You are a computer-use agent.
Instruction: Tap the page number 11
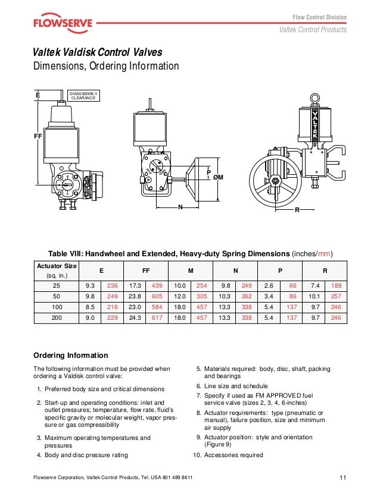[x=343, y=478]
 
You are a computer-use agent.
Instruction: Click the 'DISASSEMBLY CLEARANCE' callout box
[x=83, y=96]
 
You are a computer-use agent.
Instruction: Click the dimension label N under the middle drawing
[x=179, y=208]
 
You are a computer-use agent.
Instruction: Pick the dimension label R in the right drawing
[x=297, y=210]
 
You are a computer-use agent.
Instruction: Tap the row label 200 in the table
[x=57, y=318]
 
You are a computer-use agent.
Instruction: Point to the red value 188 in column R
[x=337, y=285]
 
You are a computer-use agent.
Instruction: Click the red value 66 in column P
[x=292, y=285]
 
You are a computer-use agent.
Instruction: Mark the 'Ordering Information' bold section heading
[x=70, y=355]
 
